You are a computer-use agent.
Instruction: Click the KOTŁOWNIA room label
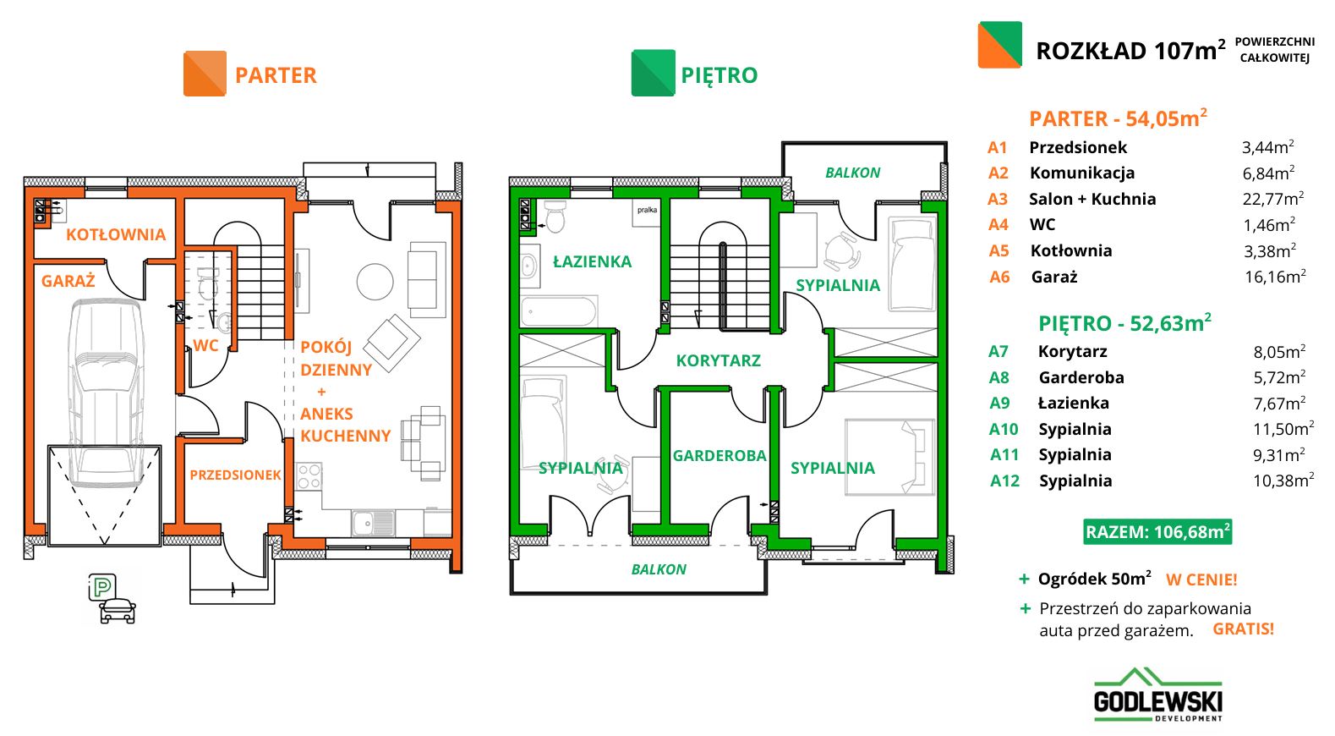coord(116,234)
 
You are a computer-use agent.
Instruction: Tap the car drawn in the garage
coord(106,393)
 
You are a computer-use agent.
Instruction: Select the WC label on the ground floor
coord(205,345)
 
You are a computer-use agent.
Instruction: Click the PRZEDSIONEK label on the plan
coord(235,475)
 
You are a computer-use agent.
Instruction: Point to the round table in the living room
coord(375,282)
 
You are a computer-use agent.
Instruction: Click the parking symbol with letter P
coord(102,587)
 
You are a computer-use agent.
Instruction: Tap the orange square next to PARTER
coord(205,74)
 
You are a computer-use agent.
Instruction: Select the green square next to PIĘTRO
coord(654,73)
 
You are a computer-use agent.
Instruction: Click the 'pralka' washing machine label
coord(648,210)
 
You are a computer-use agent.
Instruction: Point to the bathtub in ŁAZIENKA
coord(559,310)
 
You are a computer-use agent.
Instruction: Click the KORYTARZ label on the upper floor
coord(718,360)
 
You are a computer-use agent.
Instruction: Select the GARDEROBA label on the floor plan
coord(719,456)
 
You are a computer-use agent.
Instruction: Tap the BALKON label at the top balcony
coord(852,173)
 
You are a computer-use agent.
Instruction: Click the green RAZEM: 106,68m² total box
coord(1157,531)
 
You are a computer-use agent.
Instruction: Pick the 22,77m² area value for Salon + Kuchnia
coord(1273,199)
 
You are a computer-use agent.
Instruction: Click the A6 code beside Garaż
coord(999,277)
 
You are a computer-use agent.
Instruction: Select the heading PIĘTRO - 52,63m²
coord(1124,322)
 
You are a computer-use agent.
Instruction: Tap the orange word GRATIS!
coord(1243,629)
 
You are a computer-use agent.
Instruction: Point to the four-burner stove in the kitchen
coord(309,476)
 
